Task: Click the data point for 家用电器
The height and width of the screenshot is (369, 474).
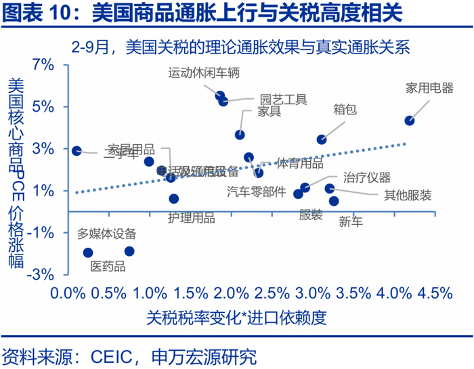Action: point(410,121)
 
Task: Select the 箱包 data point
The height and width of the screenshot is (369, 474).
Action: point(322,139)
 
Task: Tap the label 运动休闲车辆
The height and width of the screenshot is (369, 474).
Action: point(204,72)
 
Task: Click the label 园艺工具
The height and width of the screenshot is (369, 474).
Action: point(283,100)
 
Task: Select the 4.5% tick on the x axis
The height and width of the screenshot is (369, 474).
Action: point(435,293)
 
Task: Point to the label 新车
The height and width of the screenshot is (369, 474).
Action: point(351,221)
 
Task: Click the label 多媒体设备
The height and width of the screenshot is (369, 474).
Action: point(106,234)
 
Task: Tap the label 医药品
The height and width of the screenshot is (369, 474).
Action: point(109,267)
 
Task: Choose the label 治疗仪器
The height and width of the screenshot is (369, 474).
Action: point(367,178)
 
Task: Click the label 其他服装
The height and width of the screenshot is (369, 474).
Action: point(408,196)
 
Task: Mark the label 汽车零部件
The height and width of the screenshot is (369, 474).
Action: point(255,192)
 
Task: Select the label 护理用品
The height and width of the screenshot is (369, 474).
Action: point(191,218)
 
